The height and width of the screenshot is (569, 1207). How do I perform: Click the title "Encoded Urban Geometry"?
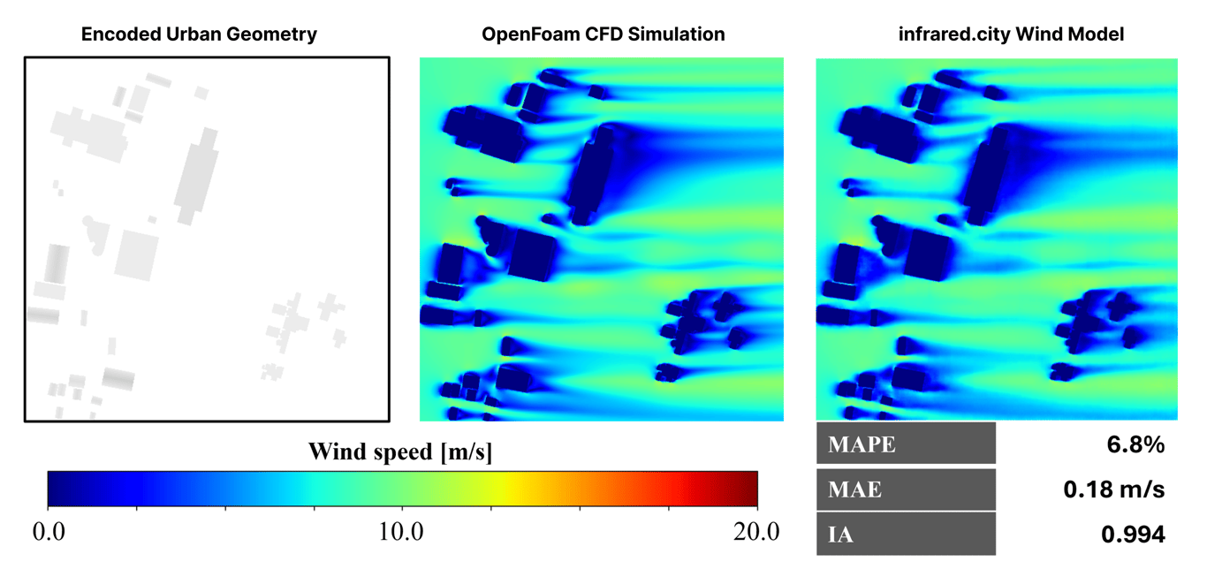click(199, 34)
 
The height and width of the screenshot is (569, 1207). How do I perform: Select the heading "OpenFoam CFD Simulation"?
click(603, 34)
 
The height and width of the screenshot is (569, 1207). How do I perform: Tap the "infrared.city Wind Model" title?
click(996, 34)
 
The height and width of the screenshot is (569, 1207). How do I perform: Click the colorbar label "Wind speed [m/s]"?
click(400, 452)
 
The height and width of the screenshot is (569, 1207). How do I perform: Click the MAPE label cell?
click(906, 444)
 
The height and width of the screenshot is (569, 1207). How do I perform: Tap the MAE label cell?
click(906, 489)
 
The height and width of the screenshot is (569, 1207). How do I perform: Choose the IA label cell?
click(906, 534)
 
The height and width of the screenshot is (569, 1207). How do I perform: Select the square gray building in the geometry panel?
click(136, 254)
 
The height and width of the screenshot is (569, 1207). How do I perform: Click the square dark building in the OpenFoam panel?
click(533, 254)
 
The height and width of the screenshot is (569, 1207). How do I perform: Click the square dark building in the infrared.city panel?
click(929, 254)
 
